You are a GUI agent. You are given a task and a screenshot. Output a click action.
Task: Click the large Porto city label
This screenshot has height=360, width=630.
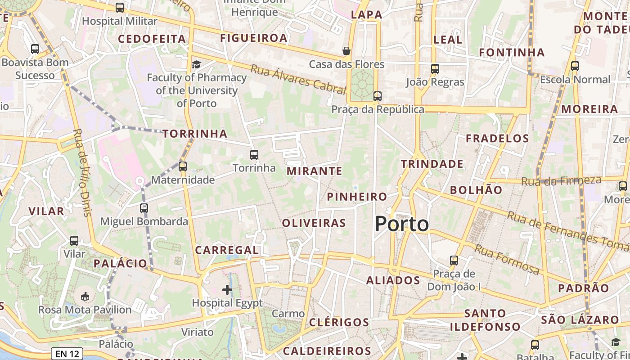[x=402, y=224]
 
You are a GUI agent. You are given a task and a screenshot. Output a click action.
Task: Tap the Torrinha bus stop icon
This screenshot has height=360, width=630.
[x=254, y=155]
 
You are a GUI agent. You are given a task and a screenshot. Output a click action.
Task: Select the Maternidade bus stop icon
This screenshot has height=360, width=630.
[x=182, y=166]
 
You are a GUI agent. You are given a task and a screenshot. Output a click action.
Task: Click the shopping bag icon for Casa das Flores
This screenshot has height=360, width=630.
[x=346, y=51]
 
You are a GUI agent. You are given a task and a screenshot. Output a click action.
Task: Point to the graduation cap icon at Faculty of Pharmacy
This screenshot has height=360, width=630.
[x=196, y=64]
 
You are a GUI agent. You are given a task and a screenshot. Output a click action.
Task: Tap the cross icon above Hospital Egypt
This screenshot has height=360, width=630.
[x=227, y=289]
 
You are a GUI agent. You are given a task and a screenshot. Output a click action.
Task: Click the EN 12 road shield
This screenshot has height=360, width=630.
[x=67, y=354]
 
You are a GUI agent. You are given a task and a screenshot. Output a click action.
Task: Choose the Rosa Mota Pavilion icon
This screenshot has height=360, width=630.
[x=85, y=296]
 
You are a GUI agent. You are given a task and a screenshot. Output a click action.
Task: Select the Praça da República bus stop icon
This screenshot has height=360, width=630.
[x=378, y=96]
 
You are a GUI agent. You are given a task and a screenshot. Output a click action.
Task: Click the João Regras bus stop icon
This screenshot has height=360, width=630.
[x=435, y=69]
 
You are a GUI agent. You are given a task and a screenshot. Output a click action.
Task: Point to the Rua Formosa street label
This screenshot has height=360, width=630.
[x=507, y=260]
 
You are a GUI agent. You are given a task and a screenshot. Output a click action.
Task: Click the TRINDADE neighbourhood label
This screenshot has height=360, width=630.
[x=432, y=164]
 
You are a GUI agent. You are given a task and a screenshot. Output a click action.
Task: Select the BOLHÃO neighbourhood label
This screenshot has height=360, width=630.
[x=476, y=190]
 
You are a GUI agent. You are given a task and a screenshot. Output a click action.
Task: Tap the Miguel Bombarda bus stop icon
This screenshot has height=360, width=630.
[x=144, y=208]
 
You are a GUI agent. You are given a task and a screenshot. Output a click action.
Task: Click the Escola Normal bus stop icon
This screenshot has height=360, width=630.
[x=575, y=66]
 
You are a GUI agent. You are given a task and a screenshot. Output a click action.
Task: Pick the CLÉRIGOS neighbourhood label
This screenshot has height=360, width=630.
[x=339, y=322]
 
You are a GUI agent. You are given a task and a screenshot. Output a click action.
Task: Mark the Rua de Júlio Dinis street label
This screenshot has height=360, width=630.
[x=83, y=173]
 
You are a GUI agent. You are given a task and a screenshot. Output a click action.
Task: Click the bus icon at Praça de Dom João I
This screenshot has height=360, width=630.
[x=454, y=261]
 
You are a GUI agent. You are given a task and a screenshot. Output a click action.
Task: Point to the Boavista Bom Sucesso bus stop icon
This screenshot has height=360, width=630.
[x=35, y=49]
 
